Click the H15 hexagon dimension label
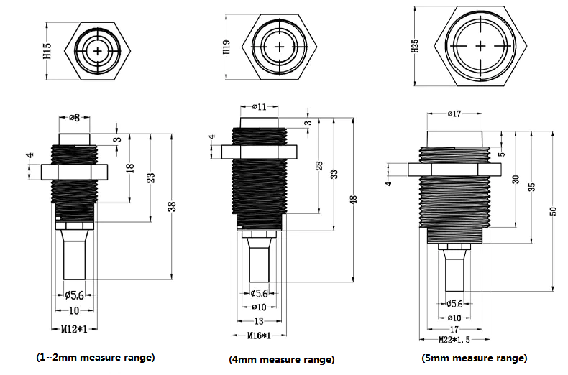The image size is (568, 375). tap(47, 51)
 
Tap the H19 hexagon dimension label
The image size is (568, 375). tap(226, 47)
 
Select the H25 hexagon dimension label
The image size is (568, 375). tap(415, 46)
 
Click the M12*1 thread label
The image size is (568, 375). tap(74, 330)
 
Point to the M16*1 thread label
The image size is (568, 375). tap(259, 336)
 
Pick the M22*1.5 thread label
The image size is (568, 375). tap(454, 340)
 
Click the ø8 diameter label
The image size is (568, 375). tap(74, 118)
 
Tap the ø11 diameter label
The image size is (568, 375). tap(260, 107)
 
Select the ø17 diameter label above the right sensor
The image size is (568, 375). tap(454, 114)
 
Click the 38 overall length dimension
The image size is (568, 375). tap(173, 206)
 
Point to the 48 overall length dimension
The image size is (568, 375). tap(354, 200)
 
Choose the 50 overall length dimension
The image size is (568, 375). tap(553, 211)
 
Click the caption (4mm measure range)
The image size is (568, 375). tap(282, 359)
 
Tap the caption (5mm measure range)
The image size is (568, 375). tap(475, 358)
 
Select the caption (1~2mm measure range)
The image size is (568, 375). tap(96, 358)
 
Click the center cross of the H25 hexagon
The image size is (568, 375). tap(480, 46)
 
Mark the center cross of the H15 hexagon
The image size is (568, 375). tap(98, 51)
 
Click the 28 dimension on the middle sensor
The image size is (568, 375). tap(319, 166)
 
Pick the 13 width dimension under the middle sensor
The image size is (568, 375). tap(259, 321)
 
